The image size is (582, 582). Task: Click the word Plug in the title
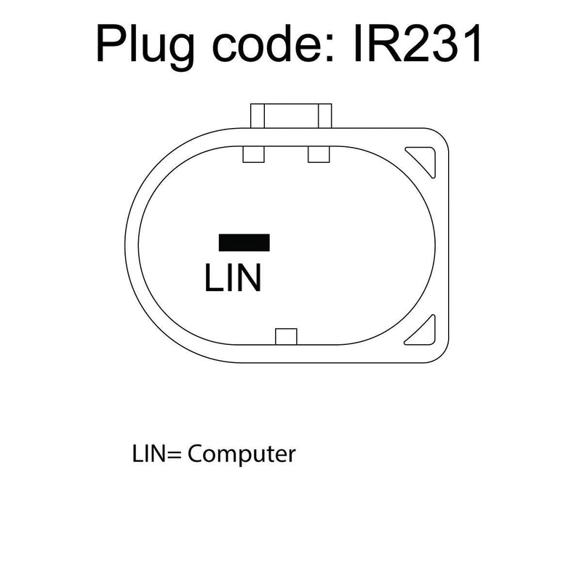[145, 47]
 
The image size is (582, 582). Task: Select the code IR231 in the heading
[418, 43]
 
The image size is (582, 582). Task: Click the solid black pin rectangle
[244, 242]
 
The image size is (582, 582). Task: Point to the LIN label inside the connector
[234, 277]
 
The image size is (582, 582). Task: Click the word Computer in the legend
[242, 454]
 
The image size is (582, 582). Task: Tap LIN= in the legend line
[156, 453]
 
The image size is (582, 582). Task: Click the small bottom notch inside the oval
[286, 336]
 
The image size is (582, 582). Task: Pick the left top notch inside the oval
[253, 154]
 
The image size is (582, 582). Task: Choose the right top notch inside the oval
[319, 154]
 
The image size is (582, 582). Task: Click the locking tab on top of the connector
[291, 116]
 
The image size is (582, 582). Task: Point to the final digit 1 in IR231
[471, 44]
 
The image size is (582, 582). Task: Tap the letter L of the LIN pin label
[212, 277]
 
